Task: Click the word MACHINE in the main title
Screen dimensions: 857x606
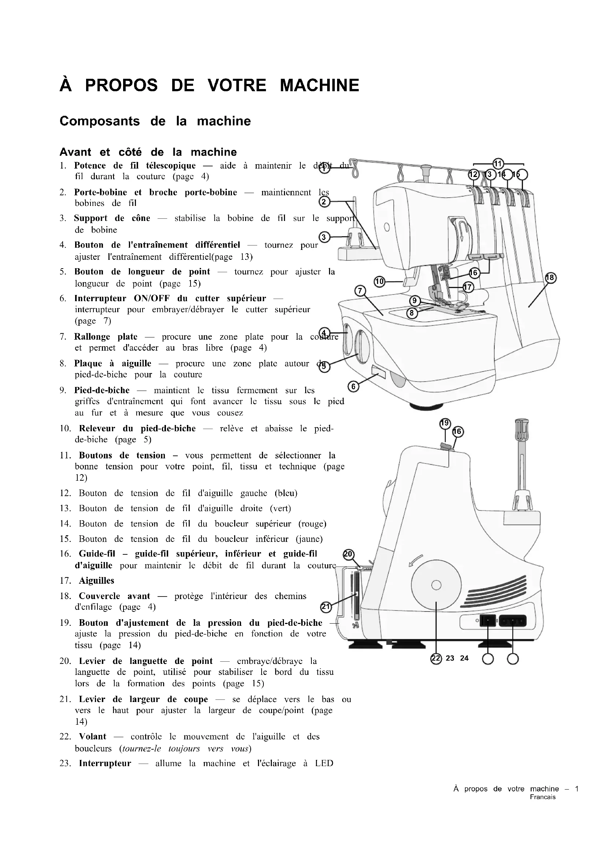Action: (319, 85)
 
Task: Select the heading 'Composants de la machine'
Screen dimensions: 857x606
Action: (155, 121)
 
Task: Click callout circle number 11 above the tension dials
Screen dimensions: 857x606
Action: (498, 164)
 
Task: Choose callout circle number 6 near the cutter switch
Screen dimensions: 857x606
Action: (353, 387)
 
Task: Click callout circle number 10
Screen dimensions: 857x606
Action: (380, 281)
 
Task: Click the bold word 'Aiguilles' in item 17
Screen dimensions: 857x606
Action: (96, 581)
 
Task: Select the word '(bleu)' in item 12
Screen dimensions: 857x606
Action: (286, 494)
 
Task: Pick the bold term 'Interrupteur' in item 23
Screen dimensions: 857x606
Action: (105, 764)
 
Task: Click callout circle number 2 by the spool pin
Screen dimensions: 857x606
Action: (324, 202)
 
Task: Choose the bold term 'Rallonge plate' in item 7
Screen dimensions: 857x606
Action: (106, 337)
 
